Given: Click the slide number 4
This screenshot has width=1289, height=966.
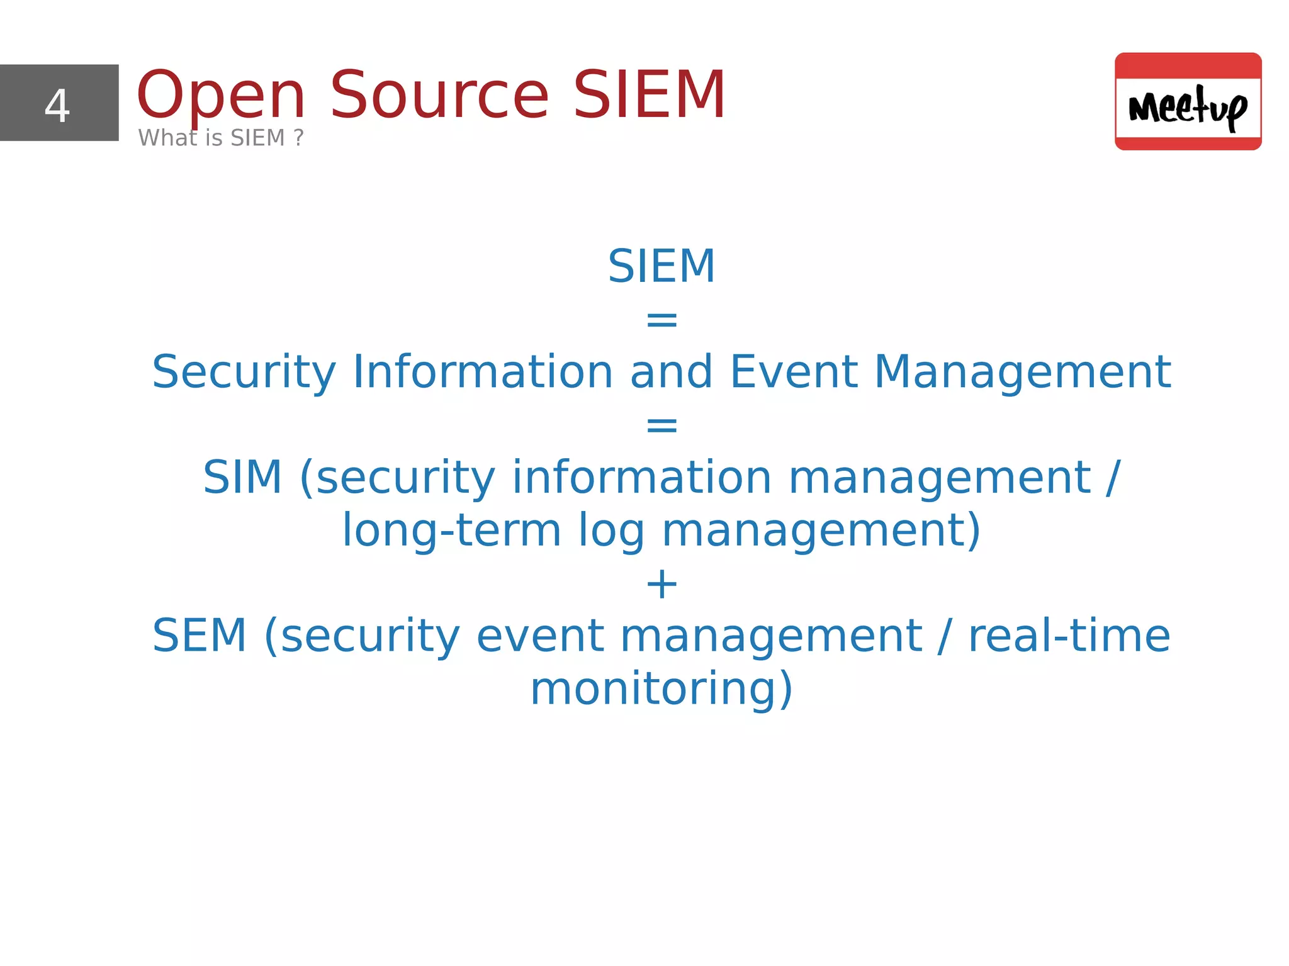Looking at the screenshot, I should point(57,105).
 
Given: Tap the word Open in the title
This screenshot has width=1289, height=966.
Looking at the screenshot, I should point(221,96).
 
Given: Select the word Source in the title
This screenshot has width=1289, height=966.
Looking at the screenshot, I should point(439,96).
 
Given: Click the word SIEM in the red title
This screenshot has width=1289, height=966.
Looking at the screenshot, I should point(650,96).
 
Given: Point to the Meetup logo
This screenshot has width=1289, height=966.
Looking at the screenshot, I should point(1188,101).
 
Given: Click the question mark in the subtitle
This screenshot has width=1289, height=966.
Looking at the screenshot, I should point(298,138).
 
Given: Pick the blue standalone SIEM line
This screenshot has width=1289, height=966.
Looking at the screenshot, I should point(661,266).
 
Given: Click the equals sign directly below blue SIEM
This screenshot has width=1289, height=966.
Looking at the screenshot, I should point(661,320).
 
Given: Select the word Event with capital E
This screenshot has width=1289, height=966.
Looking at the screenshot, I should point(794,372).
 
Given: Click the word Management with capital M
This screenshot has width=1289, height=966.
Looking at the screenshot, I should point(1022,372).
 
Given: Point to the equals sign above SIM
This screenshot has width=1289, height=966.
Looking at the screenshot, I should point(661,425).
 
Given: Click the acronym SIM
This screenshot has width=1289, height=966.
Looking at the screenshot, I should point(242,478).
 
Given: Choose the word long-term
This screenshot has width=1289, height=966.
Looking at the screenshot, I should point(451,531).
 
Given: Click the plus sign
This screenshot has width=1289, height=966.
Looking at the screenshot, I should point(661,585).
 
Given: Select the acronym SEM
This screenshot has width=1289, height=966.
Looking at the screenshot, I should point(200,636).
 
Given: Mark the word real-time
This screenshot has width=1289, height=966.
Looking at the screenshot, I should point(1069,636).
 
